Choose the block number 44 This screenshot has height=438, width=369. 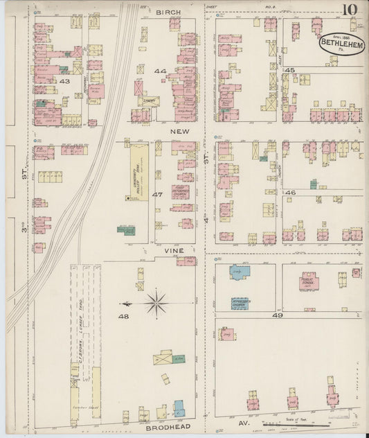160,71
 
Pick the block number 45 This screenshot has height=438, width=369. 289,71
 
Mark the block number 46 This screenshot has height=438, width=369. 290,192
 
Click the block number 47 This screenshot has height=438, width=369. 157,195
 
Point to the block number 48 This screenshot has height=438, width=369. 123,317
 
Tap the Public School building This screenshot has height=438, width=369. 309,281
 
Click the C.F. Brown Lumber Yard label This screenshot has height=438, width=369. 81,347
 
